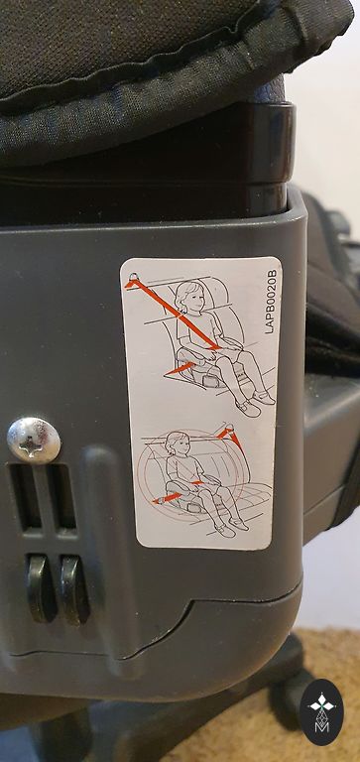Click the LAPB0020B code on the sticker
[x=271, y=302]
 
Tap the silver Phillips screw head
[x=34, y=441]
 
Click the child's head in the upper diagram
[x=187, y=297]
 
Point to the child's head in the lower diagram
[x=176, y=444]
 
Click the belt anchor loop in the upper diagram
[x=132, y=278]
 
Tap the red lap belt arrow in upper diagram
[x=180, y=369]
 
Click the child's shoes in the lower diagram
[x=232, y=528]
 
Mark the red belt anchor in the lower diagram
[x=230, y=435]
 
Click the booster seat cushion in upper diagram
[x=204, y=374]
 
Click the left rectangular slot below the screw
[x=24, y=497]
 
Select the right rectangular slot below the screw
[x=61, y=497]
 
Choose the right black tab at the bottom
[x=74, y=589]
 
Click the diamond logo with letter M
[x=321, y=712]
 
